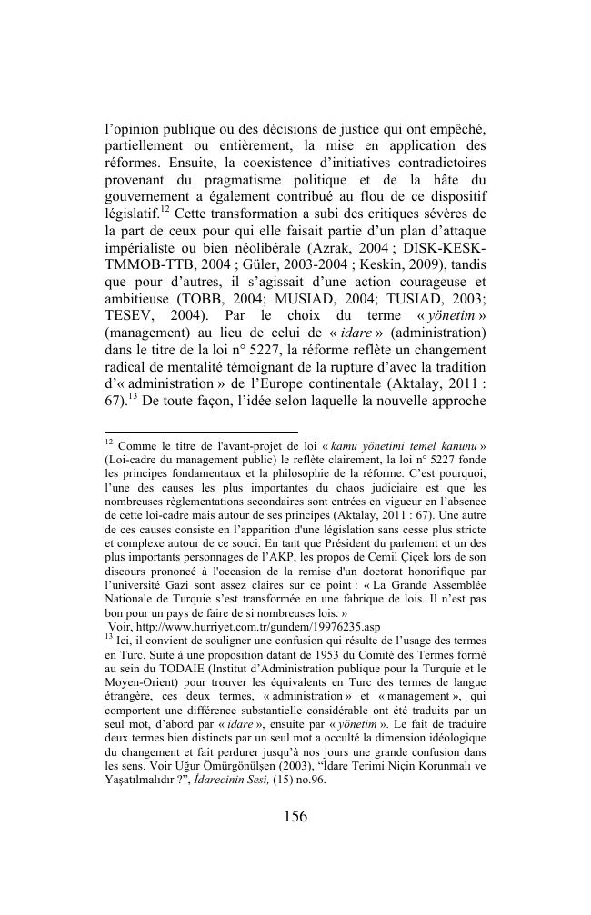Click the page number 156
point(295,816)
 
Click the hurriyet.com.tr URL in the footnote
point(233,627)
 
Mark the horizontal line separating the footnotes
point(201,432)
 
